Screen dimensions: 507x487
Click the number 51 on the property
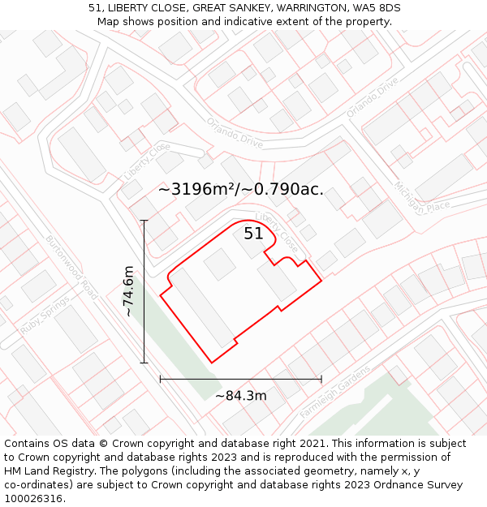(x=253, y=234)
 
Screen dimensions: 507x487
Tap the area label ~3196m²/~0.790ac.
(x=241, y=190)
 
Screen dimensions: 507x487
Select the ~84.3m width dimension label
(x=240, y=396)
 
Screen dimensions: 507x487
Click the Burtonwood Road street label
(x=71, y=268)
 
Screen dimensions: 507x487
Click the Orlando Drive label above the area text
(x=235, y=132)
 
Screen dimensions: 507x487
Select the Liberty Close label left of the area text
(x=147, y=162)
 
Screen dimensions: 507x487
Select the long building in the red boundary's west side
(x=200, y=308)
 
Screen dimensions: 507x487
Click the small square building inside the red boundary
(x=219, y=264)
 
